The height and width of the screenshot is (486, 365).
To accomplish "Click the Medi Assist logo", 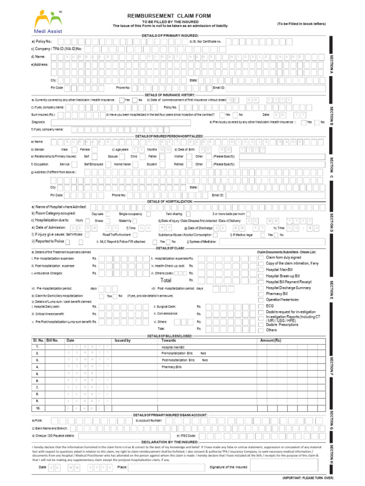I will [x=48, y=21].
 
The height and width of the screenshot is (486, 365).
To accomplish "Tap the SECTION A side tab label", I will [x=331, y=64].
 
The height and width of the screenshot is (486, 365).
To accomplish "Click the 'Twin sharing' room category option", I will [x=174, y=214].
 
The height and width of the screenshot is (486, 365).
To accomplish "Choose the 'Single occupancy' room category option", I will [x=130, y=214].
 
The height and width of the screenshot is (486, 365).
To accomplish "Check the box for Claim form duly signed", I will [x=261, y=257].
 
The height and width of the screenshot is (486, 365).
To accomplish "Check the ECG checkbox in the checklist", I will [x=261, y=306].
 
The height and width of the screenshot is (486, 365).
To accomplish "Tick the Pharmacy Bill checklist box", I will [x=261, y=294].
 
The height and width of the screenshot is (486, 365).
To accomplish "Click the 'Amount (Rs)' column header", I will [x=271, y=340].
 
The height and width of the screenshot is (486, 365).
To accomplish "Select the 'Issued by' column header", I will [x=123, y=340].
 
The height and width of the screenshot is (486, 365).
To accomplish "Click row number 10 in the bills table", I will [x=38, y=408].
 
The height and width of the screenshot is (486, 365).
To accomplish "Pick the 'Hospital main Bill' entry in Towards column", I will [x=172, y=347].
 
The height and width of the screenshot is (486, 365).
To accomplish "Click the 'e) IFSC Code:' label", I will [x=186, y=435].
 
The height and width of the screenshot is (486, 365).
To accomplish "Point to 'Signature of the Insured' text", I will [x=229, y=467].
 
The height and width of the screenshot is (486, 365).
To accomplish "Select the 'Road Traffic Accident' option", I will [x=116, y=234].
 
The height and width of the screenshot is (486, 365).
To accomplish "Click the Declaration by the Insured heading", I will [x=170, y=441].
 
